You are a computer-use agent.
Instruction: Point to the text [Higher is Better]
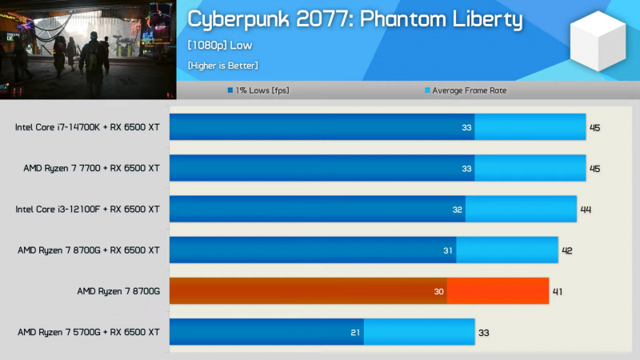click(x=223, y=66)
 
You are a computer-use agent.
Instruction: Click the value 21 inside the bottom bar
click(x=355, y=332)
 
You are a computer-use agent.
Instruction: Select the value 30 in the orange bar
click(x=438, y=291)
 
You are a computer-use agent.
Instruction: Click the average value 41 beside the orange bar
click(x=558, y=291)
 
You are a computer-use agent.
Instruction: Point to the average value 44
click(x=586, y=210)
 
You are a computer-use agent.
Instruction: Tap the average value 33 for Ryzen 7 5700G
click(x=484, y=332)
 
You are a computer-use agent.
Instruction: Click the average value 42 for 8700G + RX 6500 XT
click(x=566, y=250)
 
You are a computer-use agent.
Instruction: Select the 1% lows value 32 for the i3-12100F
click(x=458, y=210)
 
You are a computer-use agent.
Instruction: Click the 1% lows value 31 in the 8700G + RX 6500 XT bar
click(x=448, y=250)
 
